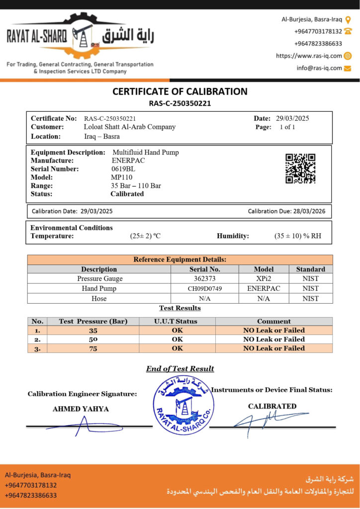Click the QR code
[300, 168]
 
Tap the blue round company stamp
[183, 405]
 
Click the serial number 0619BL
[123, 169]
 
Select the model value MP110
[121, 177]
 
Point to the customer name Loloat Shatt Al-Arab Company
[130, 127]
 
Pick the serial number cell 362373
[205, 279]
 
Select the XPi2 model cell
[264, 279]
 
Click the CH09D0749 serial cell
[205, 289]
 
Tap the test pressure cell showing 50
[93, 339]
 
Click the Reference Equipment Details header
[180, 259]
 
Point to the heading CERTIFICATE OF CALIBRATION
[180, 91]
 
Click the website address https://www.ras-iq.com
[309, 56]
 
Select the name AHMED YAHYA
[81, 409]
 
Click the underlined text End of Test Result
[180, 369]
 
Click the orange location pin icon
[348, 20]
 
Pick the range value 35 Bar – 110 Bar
[136, 186]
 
